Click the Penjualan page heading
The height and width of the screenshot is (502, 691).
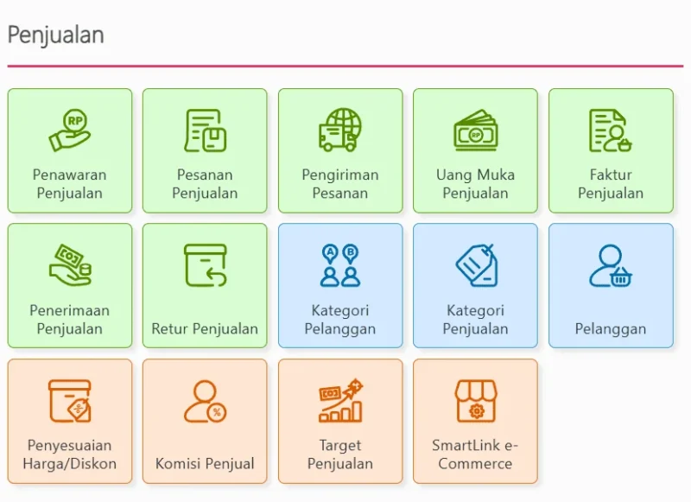tap(56, 35)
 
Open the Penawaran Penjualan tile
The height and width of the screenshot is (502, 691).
tap(70, 151)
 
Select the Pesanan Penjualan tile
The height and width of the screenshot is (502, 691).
tap(205, 151)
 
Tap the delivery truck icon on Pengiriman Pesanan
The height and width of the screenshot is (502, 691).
tap(340, 130)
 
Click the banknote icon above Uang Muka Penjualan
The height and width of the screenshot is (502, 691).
tap(475, 130)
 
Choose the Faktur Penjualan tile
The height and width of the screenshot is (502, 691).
tap(611, 151)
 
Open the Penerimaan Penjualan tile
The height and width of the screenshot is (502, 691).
tap(70, 286)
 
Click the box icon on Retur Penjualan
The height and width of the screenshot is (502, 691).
tap(206, 265)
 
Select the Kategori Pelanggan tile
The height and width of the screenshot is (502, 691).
tap(340, 286)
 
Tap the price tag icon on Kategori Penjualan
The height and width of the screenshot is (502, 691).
tap(475, 265)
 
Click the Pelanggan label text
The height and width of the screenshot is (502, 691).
tap(611, 328)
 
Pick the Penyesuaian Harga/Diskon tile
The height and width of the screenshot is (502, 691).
tap(70, 422)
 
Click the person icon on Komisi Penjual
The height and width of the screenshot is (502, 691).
tap(206, 401)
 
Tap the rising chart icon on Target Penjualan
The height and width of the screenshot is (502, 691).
tap(340, 401)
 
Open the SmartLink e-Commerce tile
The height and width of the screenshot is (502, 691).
tap(475, 422)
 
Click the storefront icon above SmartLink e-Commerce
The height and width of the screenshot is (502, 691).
tap(475, 401)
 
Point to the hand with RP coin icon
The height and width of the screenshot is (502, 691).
tap(70, 130)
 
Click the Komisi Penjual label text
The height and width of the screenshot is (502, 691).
tap(205, 464)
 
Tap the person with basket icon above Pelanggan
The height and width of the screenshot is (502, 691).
tap(611, 265)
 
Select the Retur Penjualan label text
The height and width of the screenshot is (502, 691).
tap(205, 328)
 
